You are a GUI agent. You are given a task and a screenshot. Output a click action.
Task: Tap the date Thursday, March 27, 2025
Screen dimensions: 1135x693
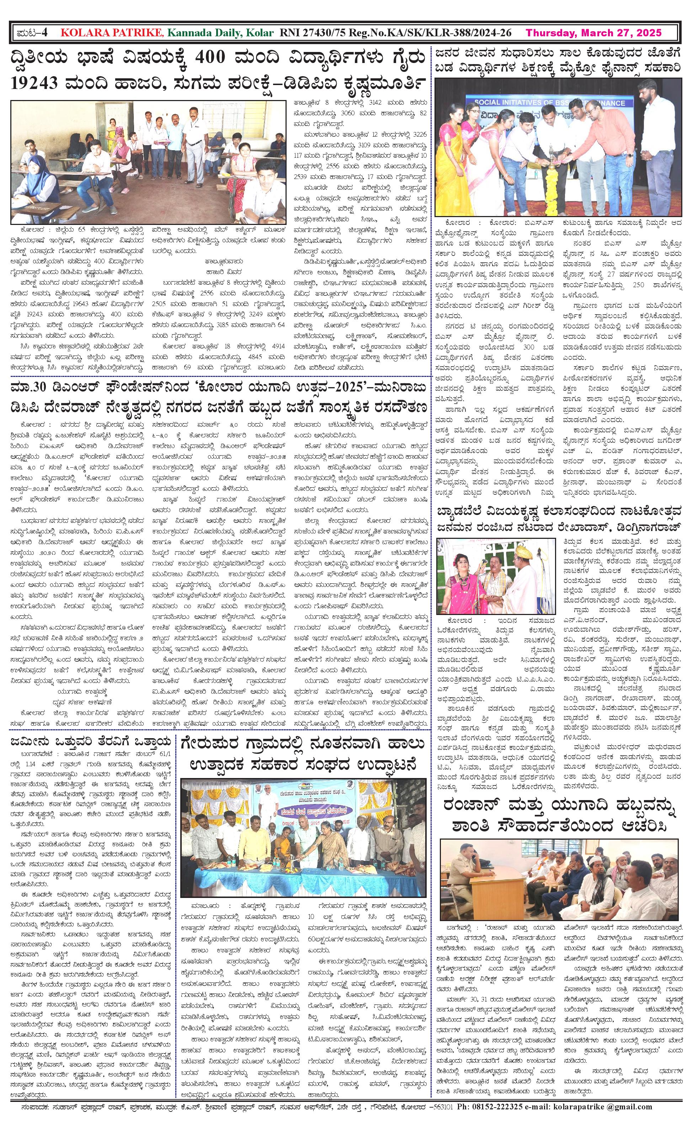(593, 33)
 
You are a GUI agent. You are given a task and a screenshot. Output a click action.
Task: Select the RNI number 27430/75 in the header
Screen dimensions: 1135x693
(318, 33)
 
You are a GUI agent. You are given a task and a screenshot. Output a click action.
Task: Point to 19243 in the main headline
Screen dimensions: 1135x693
(38, 83)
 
